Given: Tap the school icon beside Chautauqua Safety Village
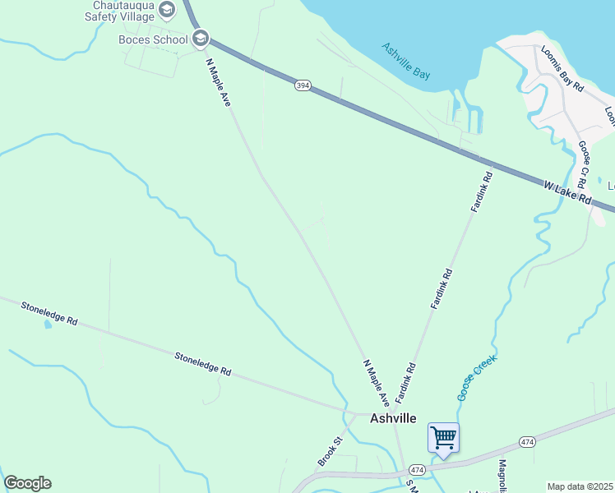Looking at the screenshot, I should coord(168,10).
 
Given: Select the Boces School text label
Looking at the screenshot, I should coord(153,39).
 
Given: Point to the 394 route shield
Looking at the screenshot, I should coord(303,86).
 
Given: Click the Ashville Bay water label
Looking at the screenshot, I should coord(406,61).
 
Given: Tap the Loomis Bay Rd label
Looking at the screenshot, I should coord(562,67).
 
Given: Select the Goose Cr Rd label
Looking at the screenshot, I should coord(586,163).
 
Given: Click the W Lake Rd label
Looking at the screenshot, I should coord(567,194).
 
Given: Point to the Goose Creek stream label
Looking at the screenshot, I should coord(478,377).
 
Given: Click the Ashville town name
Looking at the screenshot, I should coord(393,418).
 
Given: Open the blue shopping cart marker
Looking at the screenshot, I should coord(443,437).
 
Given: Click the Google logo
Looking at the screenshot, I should coord(27,483).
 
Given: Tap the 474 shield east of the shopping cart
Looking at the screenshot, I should coord(526,442).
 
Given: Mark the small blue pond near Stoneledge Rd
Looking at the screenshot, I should coord(47,325).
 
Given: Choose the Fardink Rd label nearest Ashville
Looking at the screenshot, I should coord(406,382).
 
